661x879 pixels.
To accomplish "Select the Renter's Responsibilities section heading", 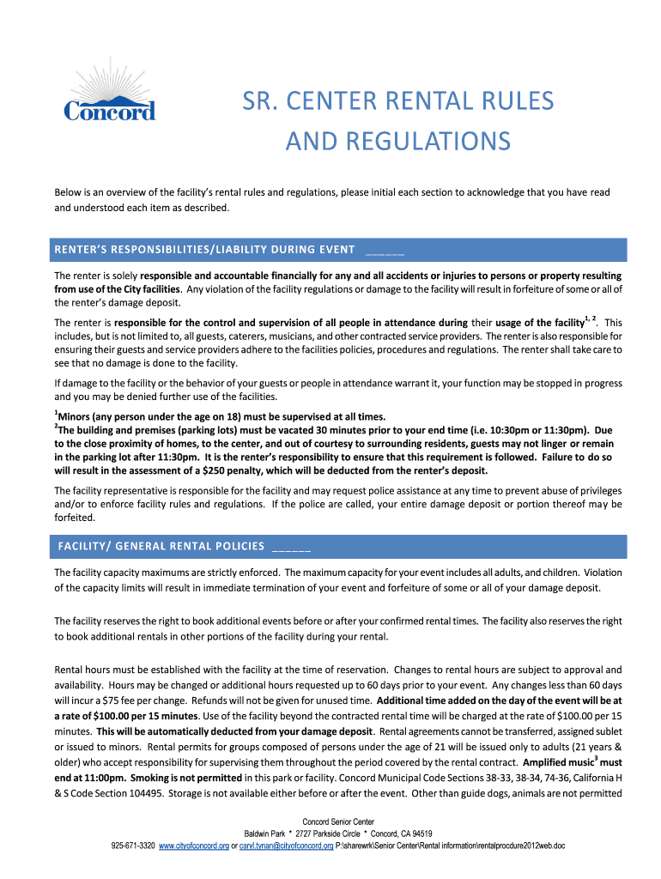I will point(205,250).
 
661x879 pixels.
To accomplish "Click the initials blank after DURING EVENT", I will point(385,251).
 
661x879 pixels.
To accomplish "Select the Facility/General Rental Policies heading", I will point(161,546).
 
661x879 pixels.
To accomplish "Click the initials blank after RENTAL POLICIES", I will point(290,547).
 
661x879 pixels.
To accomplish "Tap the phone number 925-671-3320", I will point(133,846).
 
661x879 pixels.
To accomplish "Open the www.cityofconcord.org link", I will point(194,846).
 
